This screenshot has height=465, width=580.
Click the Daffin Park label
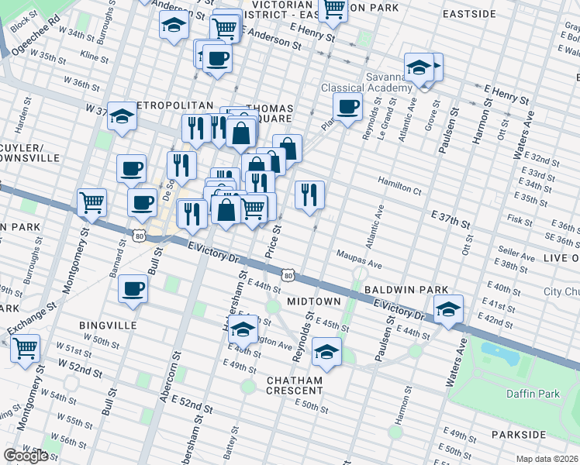point(533,394)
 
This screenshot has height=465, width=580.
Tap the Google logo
point(26,456)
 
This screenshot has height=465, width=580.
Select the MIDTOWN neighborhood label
point(314,301)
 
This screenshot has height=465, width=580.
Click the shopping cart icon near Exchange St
point(26,348)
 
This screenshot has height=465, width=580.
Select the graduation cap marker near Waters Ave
point(448,309)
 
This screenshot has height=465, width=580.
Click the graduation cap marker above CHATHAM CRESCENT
point(326,353)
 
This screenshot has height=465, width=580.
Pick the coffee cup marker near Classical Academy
point(347,107)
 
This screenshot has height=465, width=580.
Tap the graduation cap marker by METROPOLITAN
point(122,117)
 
